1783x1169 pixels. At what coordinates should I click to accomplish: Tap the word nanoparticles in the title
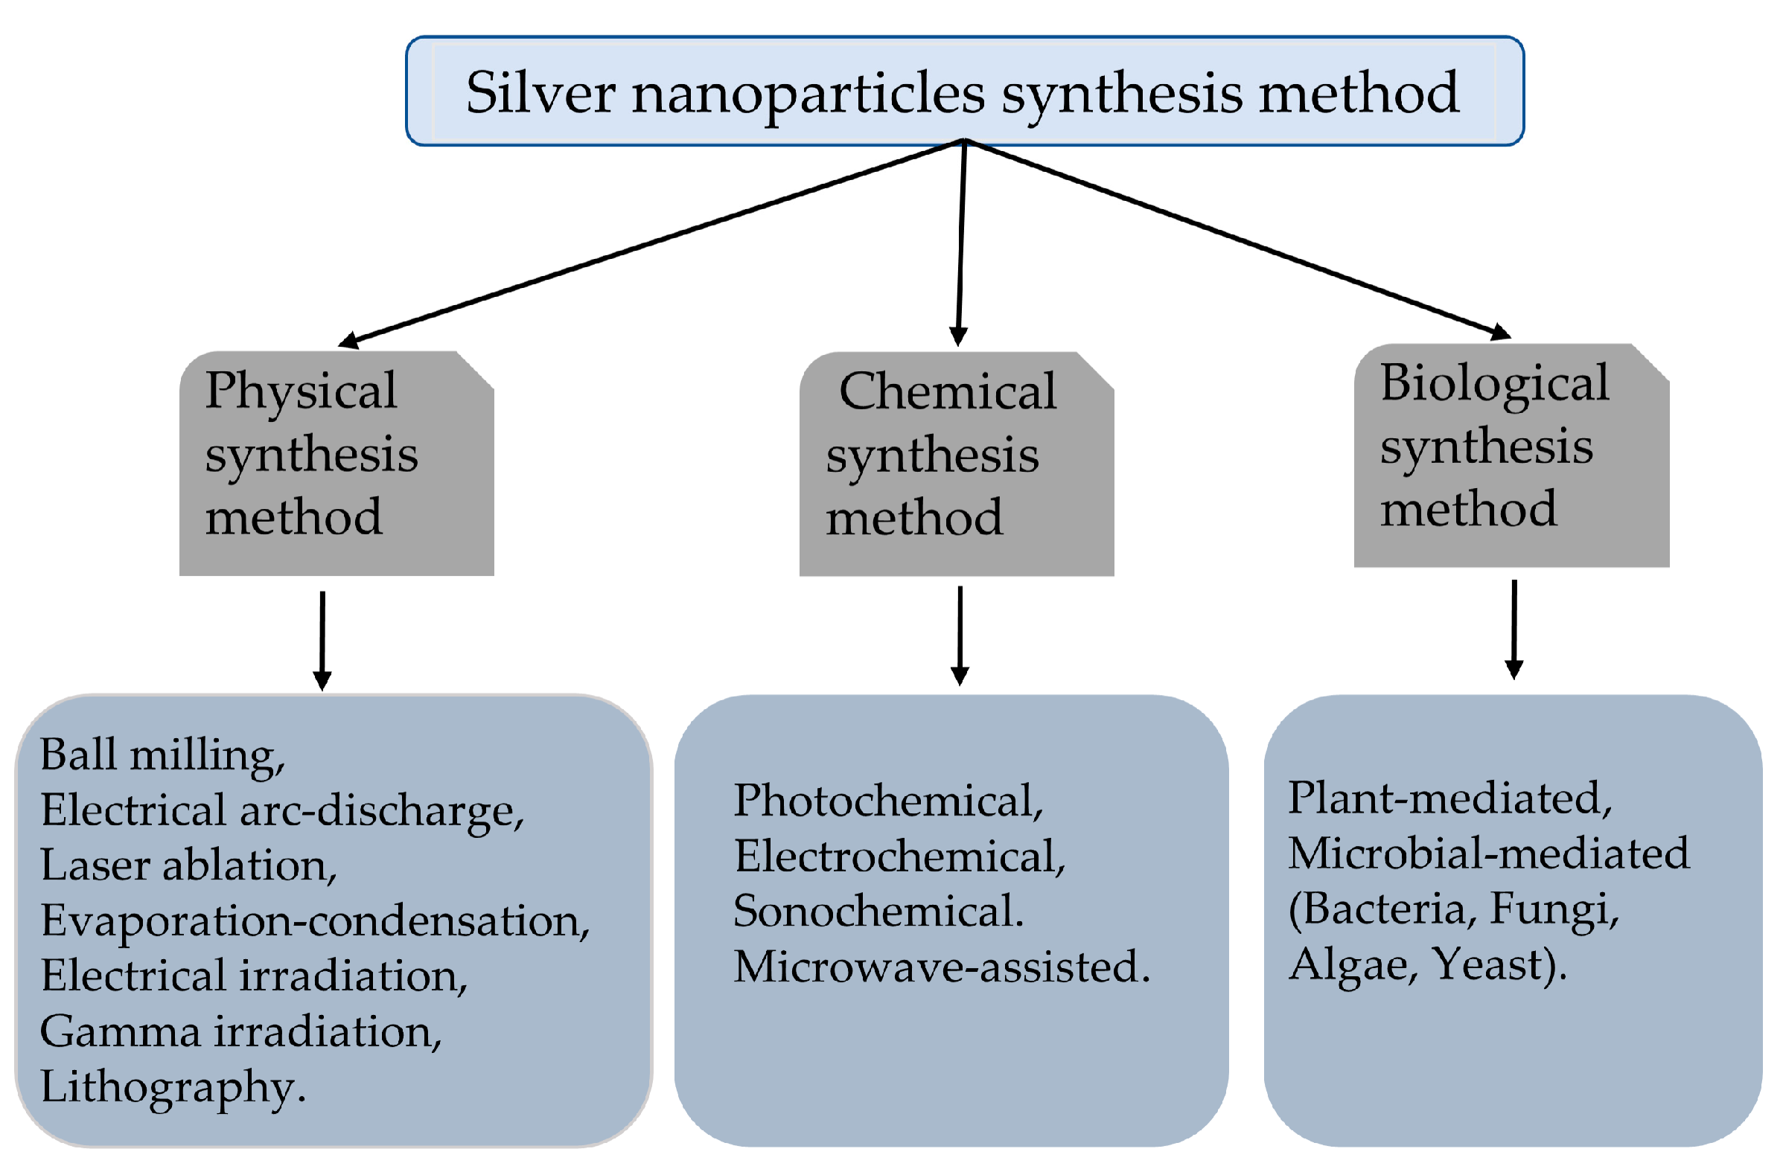click(x=808, y=95)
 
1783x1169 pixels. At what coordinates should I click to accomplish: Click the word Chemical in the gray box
click(x=947, y=391)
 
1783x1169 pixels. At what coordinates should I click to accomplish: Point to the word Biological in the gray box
click(x=1494, y=382)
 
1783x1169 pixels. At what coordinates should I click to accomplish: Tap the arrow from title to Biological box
click(x=1236, y=238)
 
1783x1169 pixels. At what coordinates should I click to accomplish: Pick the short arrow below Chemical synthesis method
click(x=960, y=635)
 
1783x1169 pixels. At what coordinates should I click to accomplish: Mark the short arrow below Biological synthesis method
click(x=1514, y=629)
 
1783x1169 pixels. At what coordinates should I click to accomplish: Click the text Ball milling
click(x=162, y=755)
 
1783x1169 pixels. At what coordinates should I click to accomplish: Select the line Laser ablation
click(x=188, y=865)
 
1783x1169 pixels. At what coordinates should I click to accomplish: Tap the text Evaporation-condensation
click(x=315, y=921)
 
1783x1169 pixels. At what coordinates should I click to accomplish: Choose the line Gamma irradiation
click(x=240, y=1032)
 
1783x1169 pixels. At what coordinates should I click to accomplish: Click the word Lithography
click(x=172, y=1087)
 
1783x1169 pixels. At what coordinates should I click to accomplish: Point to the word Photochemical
click(x=887, y=801)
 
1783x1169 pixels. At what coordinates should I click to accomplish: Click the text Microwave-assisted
click(x=941, y=967)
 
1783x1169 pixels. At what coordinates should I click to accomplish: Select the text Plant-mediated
click(x=1449, y=798)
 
